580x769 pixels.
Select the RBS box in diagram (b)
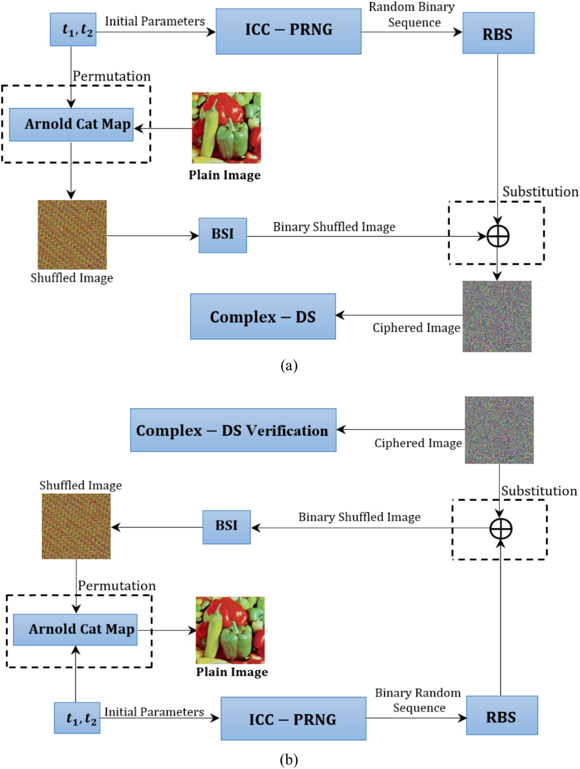pos(502,716)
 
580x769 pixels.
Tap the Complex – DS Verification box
pos(233,430)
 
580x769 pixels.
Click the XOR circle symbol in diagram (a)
pos(498,236)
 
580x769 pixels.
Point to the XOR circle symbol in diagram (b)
pos(501,528)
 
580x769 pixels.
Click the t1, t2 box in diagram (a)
pos(73,29)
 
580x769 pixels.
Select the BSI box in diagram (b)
pos(226,527)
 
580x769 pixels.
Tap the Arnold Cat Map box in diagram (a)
pos(71,125)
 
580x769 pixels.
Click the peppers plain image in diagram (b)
pos(230,630)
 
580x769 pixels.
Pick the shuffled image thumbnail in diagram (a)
pos(72,235)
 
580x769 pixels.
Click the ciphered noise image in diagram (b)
pos(499,430)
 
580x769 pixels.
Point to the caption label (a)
pos(289,365)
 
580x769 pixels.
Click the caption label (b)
pos(289,760)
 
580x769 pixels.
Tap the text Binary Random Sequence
pos(418,700)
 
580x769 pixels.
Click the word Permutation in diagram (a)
pos(112,76)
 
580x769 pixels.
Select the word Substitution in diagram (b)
pos(539,491)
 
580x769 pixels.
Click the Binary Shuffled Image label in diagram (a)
pos(334,227)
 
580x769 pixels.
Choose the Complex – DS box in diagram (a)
pos(262,317)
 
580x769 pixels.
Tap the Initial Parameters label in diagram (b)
pos(154,712)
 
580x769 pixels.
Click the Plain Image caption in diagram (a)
pos(225,175)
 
